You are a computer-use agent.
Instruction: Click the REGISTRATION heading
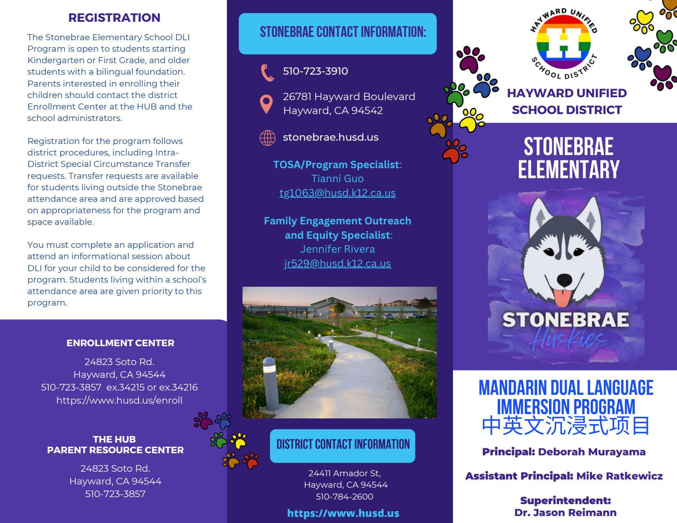pyautogui.click(x=114, y=18)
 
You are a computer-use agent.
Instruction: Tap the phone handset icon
pyautogui.click(x=267, y=72)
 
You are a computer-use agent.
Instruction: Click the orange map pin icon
pyautogui.click(x=266, y=103)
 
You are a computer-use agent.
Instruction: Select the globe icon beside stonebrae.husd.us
pyautogui.click(x=268, y=138)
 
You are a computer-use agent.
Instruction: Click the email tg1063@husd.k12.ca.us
pyautogui.click(x=337, y=193)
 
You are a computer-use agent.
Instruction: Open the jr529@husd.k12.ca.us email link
pyautogui.click(x=337, y=263)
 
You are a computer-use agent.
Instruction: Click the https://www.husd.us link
pyautogui.click(x=343, y=513)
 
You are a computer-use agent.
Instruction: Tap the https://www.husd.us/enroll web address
pyautogui.click(x=119, y=400)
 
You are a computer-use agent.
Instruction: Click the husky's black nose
pyautogui.click(x=565, y=280)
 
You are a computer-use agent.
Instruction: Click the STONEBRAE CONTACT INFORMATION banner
pyautogui.click(x=338, y=33)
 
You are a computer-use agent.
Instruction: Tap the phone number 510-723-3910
pyautogui.click(x=315, y=71)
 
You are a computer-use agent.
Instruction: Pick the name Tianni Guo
pyautogui.click(x=337, y=179)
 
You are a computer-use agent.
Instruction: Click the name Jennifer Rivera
pyautogui.click(x=337, y=249)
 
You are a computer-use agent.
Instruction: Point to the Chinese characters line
pyautogui.click(x=566, y=426)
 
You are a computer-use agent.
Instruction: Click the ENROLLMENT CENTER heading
pyautogui.click(x=120, y=343)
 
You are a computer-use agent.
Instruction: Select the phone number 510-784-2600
pyautogui.click(x=344, y=496)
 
